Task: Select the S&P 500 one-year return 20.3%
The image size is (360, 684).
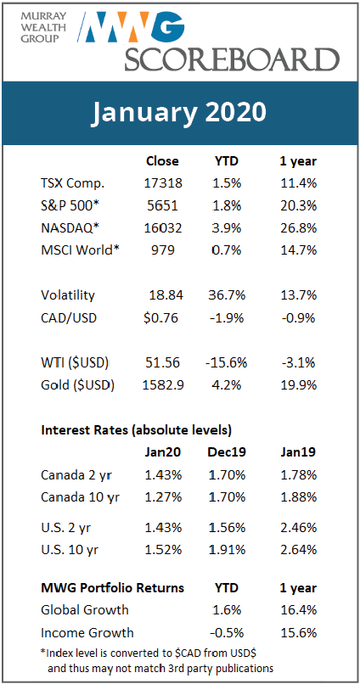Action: coord(298,205)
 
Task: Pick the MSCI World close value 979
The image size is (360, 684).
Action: coord(162,250)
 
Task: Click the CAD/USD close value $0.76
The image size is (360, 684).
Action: coord(160,317)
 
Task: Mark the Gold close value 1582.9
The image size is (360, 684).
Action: coord(161,385)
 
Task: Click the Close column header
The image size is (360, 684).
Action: coord(162,161)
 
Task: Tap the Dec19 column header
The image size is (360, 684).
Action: coord(227,452)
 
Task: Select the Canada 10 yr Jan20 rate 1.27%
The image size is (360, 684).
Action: coord(163,496)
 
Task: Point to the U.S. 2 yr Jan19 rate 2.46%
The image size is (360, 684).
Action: coord(298,527)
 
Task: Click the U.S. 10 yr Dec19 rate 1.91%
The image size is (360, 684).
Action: coord(227,550)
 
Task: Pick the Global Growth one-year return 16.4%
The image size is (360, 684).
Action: coord(298,609)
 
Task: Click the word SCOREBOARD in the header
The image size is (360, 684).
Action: coord(232,59)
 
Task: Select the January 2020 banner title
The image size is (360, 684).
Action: coord(179,114)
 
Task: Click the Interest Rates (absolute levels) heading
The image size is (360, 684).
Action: coord(136,430)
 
